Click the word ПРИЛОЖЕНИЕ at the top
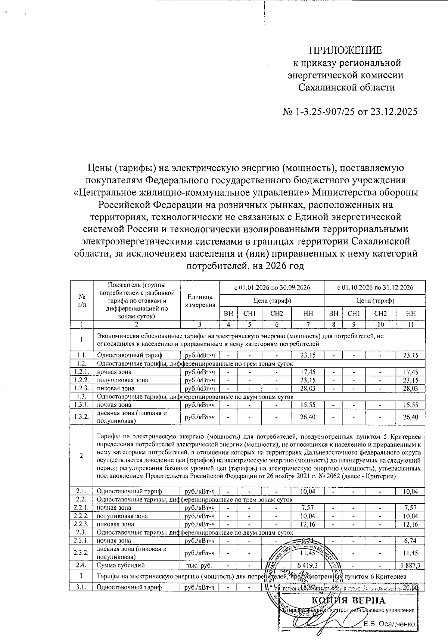click(x=345, y=50)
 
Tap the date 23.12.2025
click(x=392, y=112)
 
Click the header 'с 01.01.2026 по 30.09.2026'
click(x=272, y=288)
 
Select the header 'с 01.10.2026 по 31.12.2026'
click(x=375, y=288)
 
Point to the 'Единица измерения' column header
click(x=200, y=301)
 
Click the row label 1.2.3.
click(x=81, y=388)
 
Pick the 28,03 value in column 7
click(x=308, y=388)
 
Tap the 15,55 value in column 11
click(x=410, y=404)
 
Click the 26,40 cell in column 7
click(x=308, y=417)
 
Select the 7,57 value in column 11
click(x=410, y=508)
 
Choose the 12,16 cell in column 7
click(x=308, y=524)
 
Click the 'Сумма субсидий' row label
click(x=120, y=566)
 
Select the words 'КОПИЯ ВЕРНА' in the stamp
click(x=348, y=600)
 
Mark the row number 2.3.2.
click(x=81, y=553)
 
